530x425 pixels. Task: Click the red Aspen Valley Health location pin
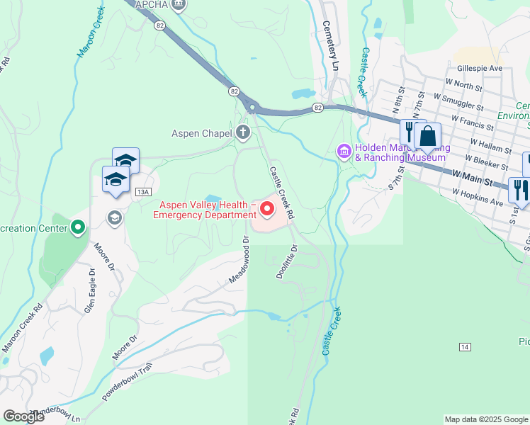(x=267, y=208)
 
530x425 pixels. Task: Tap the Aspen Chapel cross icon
(x=243, y=132)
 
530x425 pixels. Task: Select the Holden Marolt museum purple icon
(x=344, y=151)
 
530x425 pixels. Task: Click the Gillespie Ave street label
(x=480, y=68)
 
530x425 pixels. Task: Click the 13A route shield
(x=144, y=192)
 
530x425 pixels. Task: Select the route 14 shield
(x=464, y=346)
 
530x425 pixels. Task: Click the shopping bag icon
(x=428, y=135)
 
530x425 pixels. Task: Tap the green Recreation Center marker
(x=78, y=227)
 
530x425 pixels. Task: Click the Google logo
(x=23, y=416)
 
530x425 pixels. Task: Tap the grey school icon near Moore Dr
(x=113, y=216)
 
